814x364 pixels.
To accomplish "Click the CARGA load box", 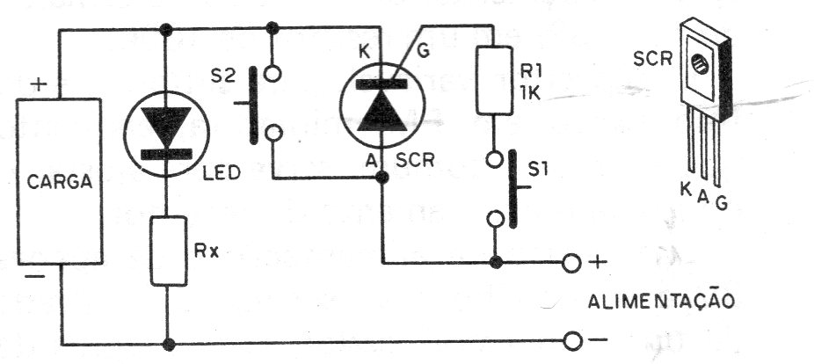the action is [x=59, y=181].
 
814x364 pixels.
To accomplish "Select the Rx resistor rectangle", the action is [x=169, y=251].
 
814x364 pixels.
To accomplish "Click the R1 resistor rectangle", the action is [x=494, y=80].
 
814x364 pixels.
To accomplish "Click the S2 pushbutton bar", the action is [x=253, y=105].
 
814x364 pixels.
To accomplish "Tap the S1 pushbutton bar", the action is [x=512, y=188].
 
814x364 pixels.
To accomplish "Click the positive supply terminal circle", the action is [x=571, y=263].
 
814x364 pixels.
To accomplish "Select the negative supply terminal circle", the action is [x=572, y=341].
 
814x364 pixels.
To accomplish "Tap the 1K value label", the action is [x=528, y=92].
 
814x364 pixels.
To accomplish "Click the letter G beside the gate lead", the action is [x=423, y=52].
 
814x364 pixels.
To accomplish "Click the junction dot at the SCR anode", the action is [x=382, y=178].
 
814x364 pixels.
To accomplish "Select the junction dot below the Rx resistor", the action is [x=168, y=344].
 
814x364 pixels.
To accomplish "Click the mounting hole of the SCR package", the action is [x=701, y=65].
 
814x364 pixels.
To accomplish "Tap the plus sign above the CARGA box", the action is [x=39, y=84].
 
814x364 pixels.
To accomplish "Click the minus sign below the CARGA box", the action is [x=34, y=276].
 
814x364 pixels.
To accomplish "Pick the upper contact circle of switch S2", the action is [x=273, y=74].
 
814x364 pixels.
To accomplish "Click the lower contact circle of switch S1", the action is [x=495, y=219].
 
